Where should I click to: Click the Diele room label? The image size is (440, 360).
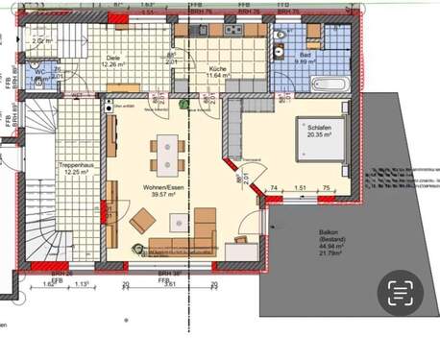(x=113, y=57)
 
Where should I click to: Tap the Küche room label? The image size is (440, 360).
(x=218, y=70)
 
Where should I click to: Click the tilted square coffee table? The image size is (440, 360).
(x=142, y=221)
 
